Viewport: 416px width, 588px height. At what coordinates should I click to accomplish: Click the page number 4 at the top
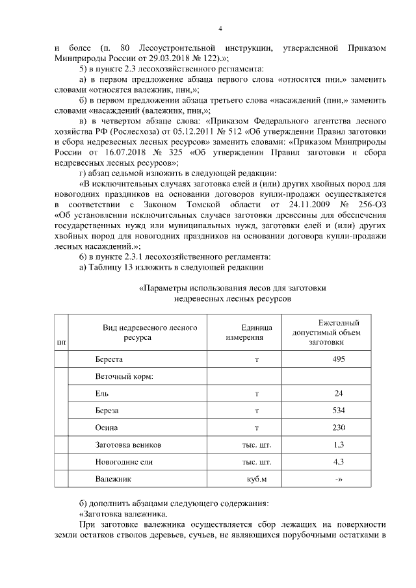coord(220,29)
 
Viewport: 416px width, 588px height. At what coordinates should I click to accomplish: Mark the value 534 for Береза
coord(337,411)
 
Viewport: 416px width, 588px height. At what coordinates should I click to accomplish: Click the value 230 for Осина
coord(337,428)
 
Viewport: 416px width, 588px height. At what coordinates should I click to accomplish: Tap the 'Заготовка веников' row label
coord(128,445)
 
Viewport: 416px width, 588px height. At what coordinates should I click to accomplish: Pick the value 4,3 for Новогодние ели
coord(337,462)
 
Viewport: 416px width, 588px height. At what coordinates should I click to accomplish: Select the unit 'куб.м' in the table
coord(254,479)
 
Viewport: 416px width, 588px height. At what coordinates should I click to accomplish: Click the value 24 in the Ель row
coord(337,394)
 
